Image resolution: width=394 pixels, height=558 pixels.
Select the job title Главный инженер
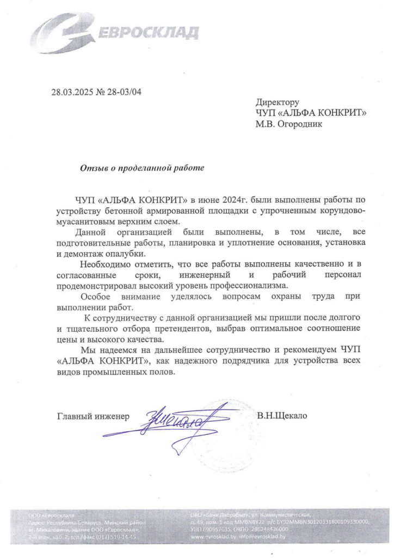[94, 417]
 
